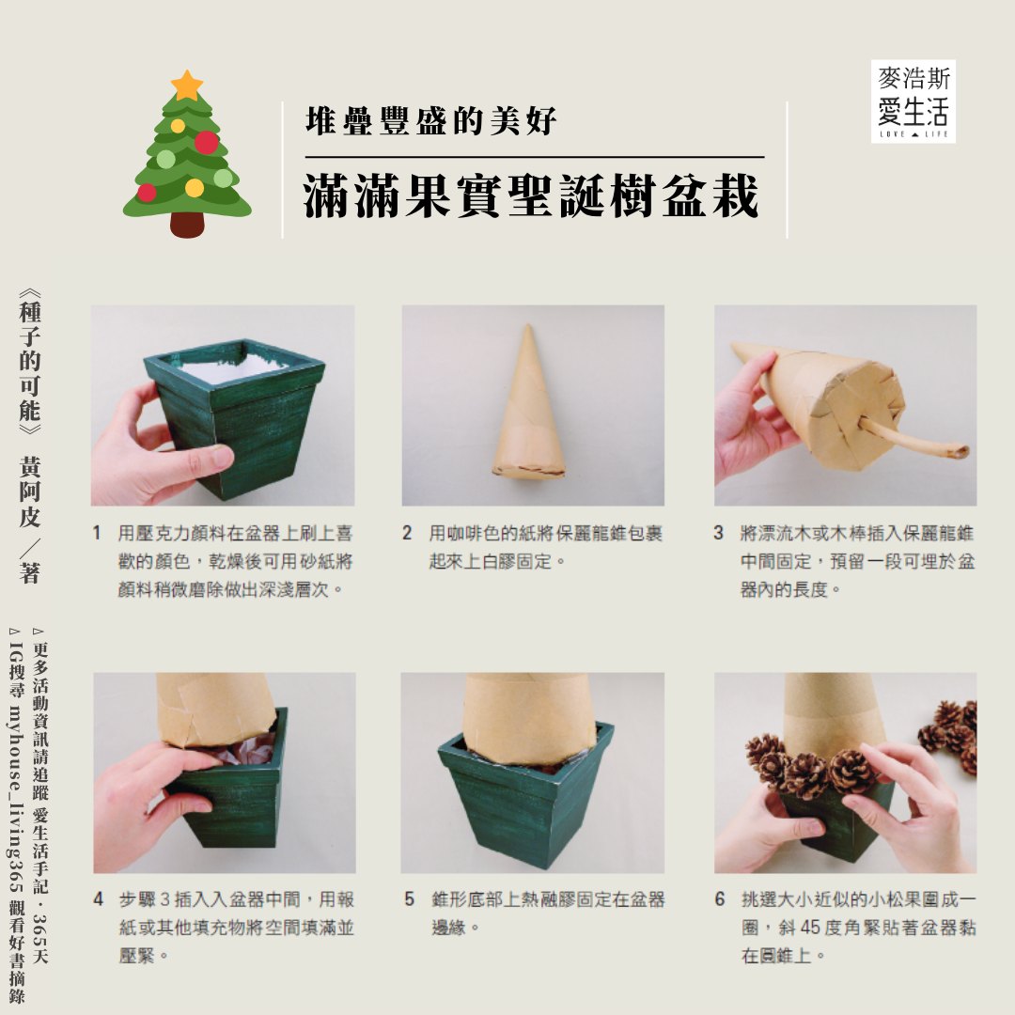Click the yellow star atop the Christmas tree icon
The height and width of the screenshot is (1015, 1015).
coord(187,85)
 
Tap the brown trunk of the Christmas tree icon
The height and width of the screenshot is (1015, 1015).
coord(187,224)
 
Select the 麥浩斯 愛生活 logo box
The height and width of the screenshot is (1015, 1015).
coord(913,101)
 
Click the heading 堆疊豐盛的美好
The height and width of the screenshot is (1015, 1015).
coord(430,121)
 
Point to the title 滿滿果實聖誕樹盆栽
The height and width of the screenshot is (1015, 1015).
coord(531,195)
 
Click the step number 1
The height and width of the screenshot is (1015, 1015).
coord(97,534)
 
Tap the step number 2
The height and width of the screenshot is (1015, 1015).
coord(407,534)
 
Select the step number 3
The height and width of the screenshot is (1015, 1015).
coord(719,534)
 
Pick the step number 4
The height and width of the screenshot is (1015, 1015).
coord(99,899)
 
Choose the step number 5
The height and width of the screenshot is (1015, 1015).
coord(409,899)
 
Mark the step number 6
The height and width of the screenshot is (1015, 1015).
coord(720,899)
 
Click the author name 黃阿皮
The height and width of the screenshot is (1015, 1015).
coord(30,491)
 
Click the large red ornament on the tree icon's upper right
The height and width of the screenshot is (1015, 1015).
coord(206,143)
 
